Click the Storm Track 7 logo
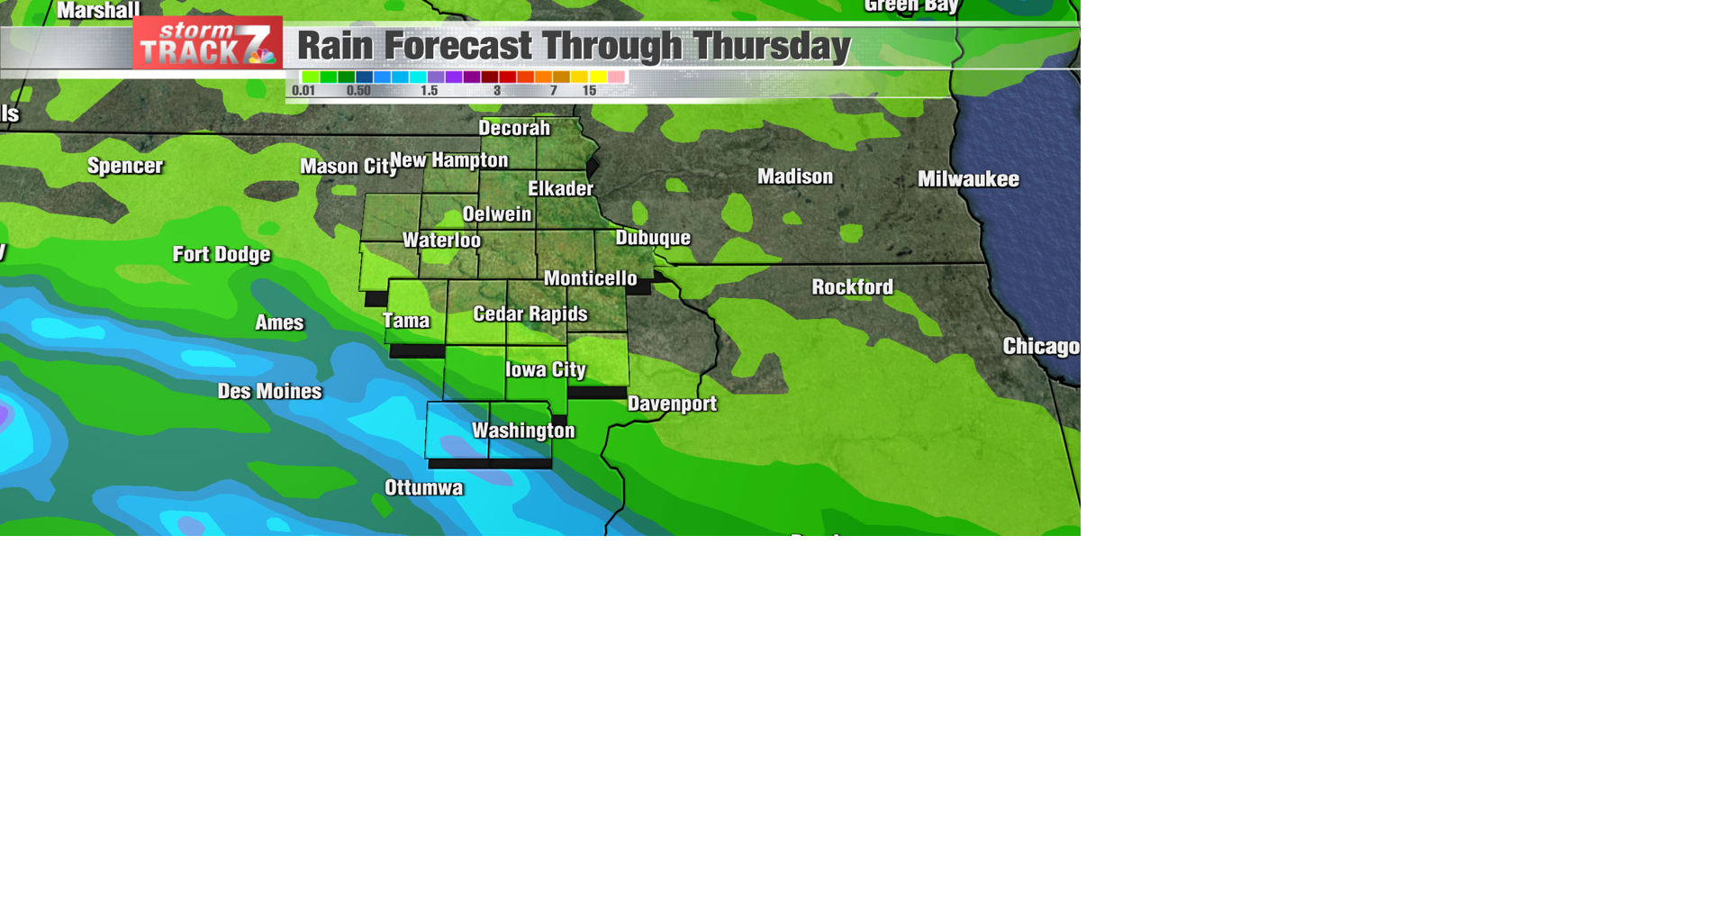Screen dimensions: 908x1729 (207, 43)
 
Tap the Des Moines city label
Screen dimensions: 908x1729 (269, 391)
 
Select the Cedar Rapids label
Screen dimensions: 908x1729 (530, 313)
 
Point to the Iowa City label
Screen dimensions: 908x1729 (545, 369)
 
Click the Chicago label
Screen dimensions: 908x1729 (1040, 347)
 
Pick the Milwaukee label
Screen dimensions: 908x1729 (968, 179)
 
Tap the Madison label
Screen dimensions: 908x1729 (795, 177)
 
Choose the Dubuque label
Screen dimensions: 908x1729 (653, 238)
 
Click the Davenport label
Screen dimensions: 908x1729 (672, 404)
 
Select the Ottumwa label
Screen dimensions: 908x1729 (423, 487)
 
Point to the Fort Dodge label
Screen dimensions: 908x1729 (222, 254)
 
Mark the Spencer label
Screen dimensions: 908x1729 (125, 166)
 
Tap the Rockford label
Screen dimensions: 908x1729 (852, 287)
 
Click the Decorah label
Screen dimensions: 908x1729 (514, 128)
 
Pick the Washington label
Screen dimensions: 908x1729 (523, 431)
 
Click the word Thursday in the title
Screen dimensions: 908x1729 (772, 46)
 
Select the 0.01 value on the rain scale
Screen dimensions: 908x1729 (303, 91)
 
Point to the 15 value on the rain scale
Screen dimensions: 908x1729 (589, 91)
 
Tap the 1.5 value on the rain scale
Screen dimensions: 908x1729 (429, 91)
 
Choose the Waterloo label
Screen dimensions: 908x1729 (441, 241)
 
